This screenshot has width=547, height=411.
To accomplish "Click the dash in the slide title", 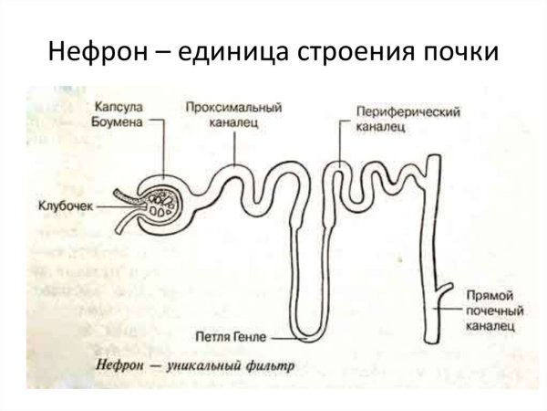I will tap(147, 52).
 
